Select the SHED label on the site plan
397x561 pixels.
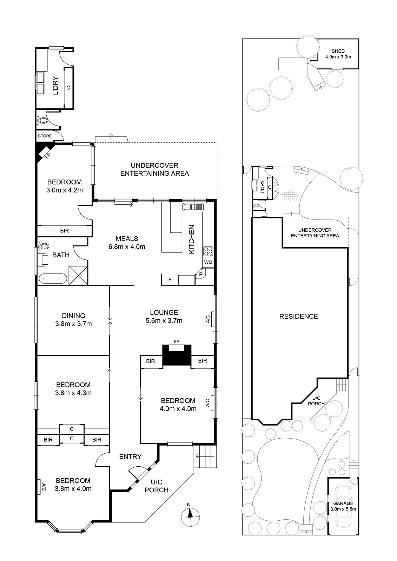(338, 51)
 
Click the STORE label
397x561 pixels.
(45, 136)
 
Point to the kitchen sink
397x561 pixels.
(193, 207)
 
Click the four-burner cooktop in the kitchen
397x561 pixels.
(208, 251)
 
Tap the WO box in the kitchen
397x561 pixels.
(208, 262)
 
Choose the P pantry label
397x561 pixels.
(201, 275)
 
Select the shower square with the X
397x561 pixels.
(78, 276)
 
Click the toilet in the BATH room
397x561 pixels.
(43, 246)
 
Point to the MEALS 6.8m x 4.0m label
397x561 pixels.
(127, 243)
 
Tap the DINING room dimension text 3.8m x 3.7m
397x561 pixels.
(73, 324)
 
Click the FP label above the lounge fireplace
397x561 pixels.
(177, 342)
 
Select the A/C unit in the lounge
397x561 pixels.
(212, 319)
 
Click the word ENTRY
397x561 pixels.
(131, 457)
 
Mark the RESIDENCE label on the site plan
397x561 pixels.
(299, 316)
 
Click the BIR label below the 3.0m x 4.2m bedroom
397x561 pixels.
(65, 231)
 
